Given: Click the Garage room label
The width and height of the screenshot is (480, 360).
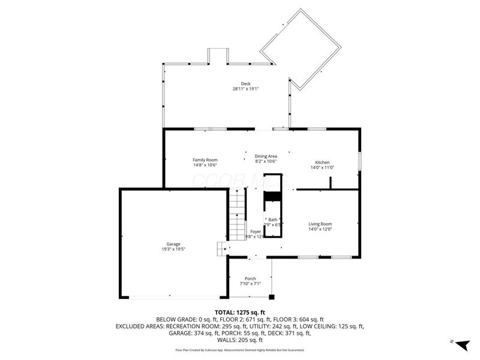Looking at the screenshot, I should click(173, 244).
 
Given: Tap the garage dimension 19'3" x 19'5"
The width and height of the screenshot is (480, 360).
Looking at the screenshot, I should click(173, 250).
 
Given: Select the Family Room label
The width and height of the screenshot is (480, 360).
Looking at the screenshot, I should click(205, 160).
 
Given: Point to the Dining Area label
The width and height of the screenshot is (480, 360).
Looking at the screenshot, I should click(266, 156).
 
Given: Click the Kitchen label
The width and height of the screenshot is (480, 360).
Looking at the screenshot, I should click(322, 163).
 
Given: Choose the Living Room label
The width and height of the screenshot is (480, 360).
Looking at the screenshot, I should click(320, 224).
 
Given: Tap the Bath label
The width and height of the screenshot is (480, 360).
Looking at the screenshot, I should click(273, 220).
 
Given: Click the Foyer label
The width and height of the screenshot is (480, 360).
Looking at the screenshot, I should click(256, 231).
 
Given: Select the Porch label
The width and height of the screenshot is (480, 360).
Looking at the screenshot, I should click(250, 278).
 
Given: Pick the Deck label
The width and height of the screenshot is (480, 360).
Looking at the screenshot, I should click(245, 84).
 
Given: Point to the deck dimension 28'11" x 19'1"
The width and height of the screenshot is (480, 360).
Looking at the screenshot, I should click(245, 89).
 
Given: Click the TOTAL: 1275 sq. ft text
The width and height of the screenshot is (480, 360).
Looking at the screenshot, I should click(239, 312).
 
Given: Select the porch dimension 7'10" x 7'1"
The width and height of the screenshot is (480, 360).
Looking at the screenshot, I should click(250, 284).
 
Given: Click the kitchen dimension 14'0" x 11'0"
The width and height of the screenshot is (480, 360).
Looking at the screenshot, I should click(322, 168).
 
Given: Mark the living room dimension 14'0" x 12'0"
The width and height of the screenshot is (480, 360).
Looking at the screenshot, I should click(320, 229).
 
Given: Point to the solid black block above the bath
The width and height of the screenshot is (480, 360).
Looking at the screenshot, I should click(273, 196).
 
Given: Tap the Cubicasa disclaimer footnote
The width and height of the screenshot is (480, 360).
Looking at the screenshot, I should click(239, 350).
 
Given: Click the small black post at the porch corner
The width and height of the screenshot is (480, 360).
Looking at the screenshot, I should click(272, 296).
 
